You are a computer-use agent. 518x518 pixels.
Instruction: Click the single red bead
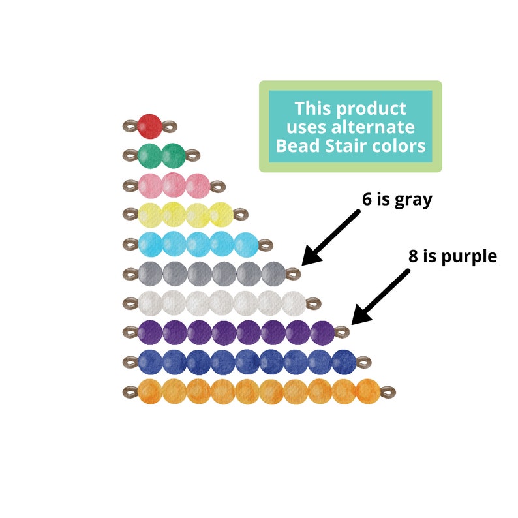click(x=150, y=125)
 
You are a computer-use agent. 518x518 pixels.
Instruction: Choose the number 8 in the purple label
click(x=414, y=256)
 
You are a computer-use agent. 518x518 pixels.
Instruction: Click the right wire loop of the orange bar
click(x=388, y=391)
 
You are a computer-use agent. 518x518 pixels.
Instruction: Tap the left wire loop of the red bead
click(x=129, y=125)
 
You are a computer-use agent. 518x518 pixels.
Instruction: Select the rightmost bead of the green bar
click(x=174, y=155)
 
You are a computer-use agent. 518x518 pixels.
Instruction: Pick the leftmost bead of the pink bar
click(x=149, y=185)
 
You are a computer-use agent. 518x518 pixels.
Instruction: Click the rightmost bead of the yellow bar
click(x=221, y=214)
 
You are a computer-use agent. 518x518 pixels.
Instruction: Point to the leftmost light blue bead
click(x=149, y=244)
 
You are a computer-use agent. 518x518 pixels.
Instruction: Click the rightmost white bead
click(x=294, y=303)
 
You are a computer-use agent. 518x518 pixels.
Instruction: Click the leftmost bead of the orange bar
click(x=149, y=391)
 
